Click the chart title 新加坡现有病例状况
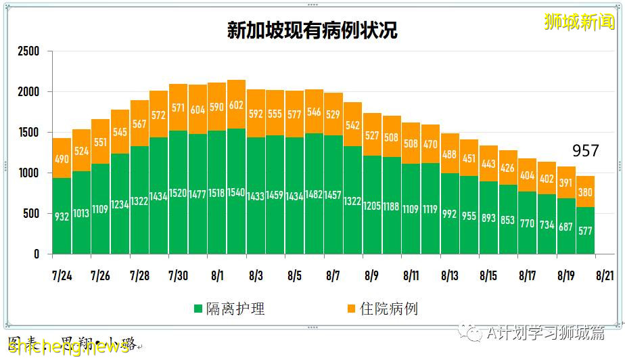[x=312, y=31]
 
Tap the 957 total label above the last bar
[x=586, y=150]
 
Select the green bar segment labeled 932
[x=62, y=216]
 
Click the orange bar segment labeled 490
[x=62, y=158]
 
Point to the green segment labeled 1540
[x=237, y=192]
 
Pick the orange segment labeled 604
[x=198, y=110]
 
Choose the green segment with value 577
[x=586, y=230]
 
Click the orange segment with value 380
[x=586, y=192]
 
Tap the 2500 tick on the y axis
[x=28, y=51]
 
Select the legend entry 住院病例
[x=382, y=309]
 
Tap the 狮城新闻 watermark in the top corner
[x=579, y=22]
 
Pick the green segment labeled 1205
[x=372, y=205]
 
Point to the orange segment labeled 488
[x=450, y=154]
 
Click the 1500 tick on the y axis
[x=28, y=133]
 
